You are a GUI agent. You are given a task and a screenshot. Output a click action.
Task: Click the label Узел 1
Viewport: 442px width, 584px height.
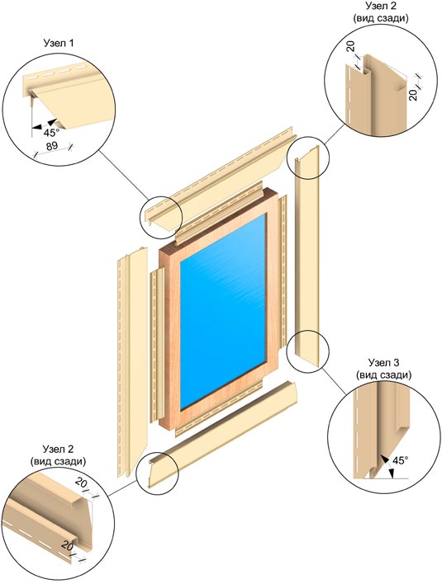pos(59,43)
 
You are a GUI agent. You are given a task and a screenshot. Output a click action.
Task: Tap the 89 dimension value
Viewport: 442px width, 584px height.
pos(52,146)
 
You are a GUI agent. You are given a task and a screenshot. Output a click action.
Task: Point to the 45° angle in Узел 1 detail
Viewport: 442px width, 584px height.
pos(51,133)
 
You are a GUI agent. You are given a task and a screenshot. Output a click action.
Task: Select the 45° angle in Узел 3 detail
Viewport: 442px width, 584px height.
pos(399,460)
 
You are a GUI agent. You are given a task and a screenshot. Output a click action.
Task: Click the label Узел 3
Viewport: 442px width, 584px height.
pos(384,363)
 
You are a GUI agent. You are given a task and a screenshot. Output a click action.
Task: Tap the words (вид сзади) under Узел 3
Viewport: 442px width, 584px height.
pos(384,375)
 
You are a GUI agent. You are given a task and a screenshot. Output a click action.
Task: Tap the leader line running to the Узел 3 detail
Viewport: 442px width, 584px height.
pos(335,380)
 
